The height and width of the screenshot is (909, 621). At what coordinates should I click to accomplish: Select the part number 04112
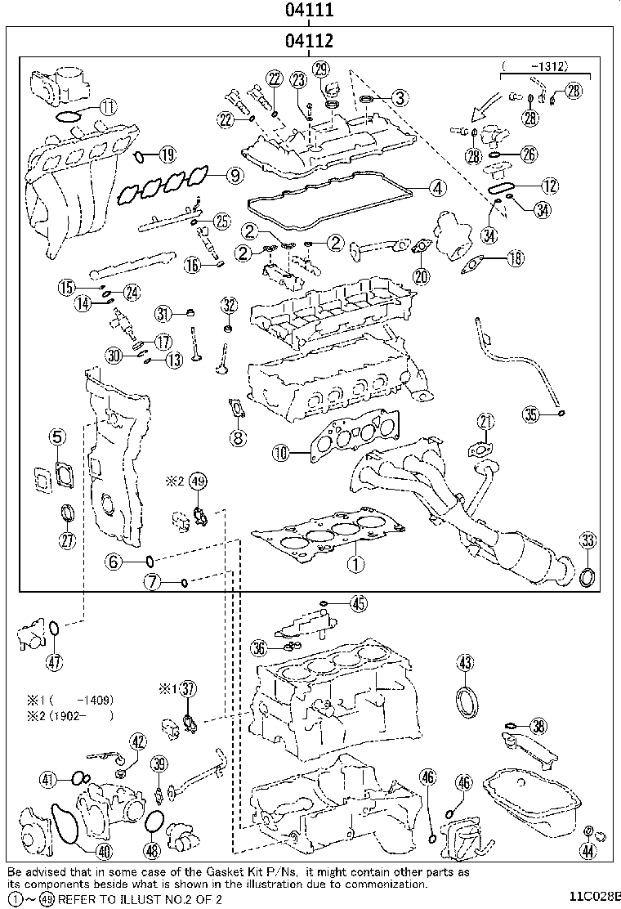[x=309, y=41]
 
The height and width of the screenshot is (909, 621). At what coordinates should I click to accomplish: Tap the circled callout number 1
[x=355, y=563]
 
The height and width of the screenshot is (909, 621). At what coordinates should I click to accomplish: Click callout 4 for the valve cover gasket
[x=438, y=187]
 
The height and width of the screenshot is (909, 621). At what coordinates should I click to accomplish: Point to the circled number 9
[x=235, y=175]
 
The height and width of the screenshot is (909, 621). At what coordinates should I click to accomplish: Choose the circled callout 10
[x=281, y=452]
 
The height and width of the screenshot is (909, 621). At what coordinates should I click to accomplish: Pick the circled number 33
[x=588, y=541]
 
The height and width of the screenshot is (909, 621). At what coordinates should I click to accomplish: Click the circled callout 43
[x=465, y=662]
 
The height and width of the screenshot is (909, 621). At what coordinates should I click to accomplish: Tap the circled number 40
[x=105, y=850]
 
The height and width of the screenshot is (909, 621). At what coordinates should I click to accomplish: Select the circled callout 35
[x=531, y=414]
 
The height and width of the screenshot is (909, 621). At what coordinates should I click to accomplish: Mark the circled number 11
[x=108, y=106]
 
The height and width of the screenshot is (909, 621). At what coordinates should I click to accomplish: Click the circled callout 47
[x=55, y=662]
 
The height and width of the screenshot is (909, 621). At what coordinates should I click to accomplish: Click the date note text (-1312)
[x=536, y=66]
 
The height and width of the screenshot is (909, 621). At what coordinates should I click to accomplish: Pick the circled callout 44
[x=588, y=850]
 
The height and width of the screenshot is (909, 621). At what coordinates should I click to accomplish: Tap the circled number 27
[x=67, y=540]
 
